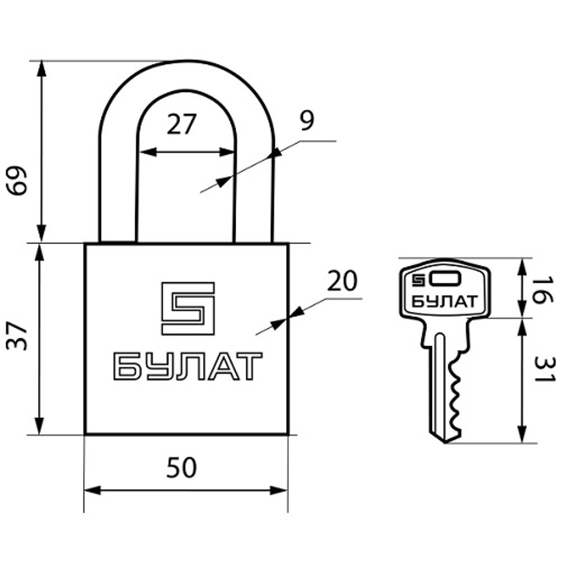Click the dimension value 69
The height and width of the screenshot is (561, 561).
(x=17, y=180)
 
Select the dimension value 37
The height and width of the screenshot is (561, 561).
(x=17, y=335)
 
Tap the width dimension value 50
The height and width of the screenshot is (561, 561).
(x=181, y=467)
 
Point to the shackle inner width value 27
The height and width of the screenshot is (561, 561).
(x=182, y=124)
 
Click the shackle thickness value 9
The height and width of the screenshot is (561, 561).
(x=307, y=121)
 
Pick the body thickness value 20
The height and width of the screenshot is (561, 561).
(x=342, y=281)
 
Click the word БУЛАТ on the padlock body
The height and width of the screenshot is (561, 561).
(x=188, y=366)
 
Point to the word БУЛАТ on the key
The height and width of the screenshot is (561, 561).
(x=444, y=302)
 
